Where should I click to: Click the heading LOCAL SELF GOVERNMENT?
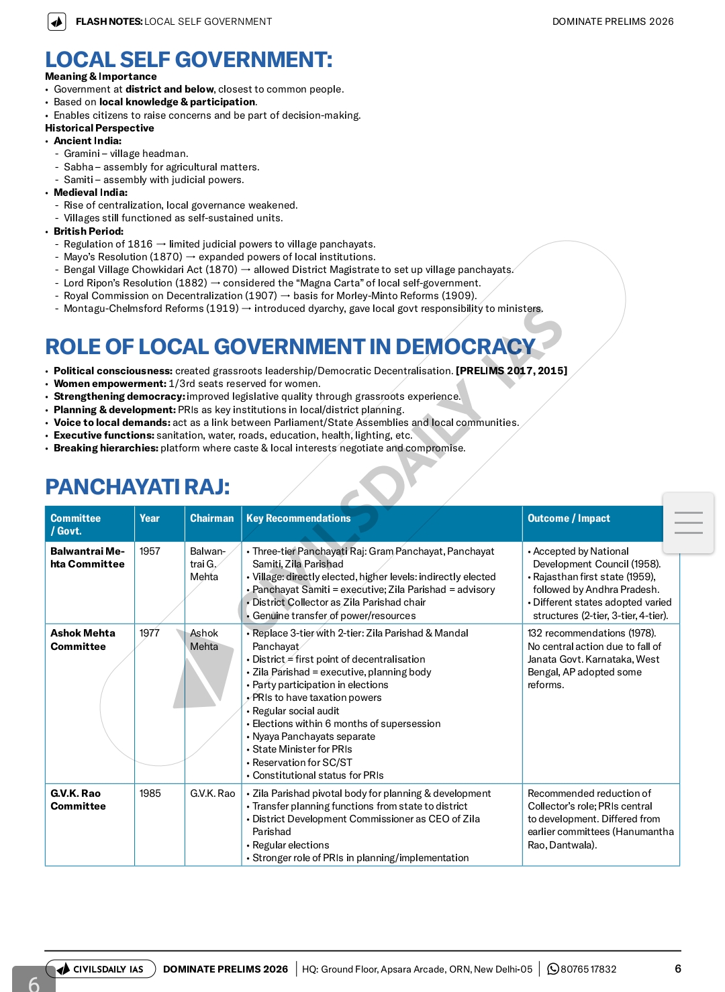point(189,60)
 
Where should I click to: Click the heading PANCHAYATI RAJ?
point(138,487)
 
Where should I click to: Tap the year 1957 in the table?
point(150,551)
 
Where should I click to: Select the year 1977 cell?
point(150,633)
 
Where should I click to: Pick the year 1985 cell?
point(150,793)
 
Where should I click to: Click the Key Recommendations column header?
point(298,518)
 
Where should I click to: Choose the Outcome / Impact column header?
point(569,518)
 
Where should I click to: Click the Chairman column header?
point(211,518)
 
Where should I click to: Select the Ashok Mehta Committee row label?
point(83,640)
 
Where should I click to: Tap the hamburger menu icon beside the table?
point(688,523)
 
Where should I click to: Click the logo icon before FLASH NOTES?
point(57,22)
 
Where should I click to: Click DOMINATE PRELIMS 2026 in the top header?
point(612,21)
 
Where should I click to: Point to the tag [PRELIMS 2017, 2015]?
point(512,371)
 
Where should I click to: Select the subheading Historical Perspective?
point(99,128)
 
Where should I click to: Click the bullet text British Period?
point(89,231)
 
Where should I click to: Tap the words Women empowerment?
point(109,384)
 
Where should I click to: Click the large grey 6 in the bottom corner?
point(34,982)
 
